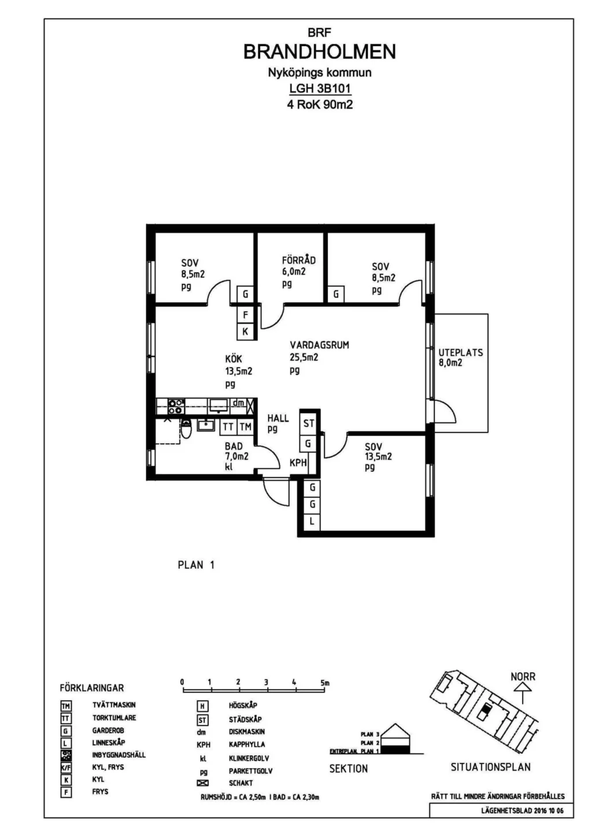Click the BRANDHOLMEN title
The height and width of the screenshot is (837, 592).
320,52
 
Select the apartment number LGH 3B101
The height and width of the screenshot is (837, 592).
320,88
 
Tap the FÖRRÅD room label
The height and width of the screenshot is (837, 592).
299,260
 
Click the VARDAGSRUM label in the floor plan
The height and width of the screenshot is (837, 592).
320,345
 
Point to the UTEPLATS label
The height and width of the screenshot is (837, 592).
460,353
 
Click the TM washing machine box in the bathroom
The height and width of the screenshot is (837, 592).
245,427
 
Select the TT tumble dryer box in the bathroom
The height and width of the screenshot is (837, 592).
228,427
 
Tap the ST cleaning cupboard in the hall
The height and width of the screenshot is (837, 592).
308,423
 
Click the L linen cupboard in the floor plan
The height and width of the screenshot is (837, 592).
312,521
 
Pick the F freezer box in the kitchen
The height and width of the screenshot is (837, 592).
245,315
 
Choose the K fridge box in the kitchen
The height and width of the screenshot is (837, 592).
245,331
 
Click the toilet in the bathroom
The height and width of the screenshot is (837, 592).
186,429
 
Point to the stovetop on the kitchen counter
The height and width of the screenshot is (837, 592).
176,406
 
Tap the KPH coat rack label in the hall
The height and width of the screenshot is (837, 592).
298,463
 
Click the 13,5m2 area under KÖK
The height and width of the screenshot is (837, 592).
238,371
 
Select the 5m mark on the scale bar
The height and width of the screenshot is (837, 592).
325,682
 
